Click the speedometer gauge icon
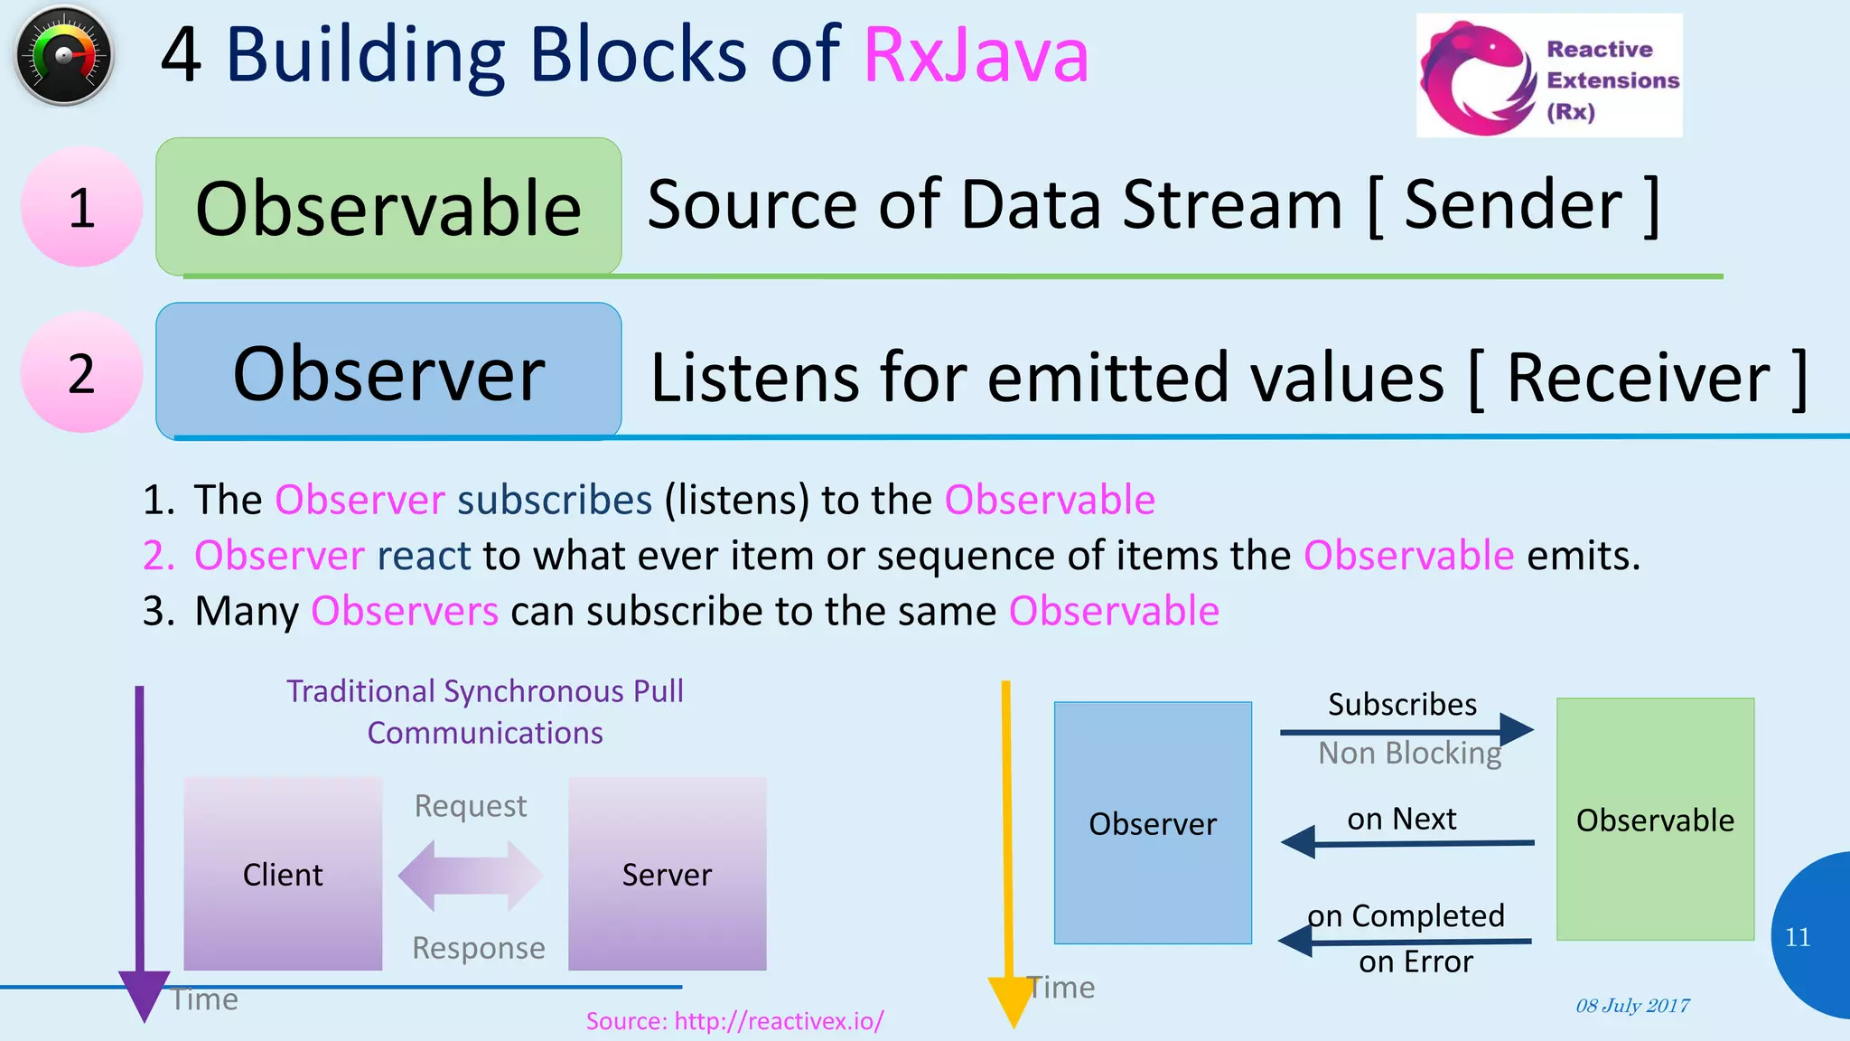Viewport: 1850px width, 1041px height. [x=63, y=56]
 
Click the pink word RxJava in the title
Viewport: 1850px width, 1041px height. [x=976, y=56]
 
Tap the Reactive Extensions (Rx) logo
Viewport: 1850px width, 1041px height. [x=1548, y=76]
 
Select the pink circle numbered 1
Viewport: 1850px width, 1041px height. [x=81, y=207]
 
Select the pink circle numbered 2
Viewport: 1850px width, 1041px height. [x=81, y=372]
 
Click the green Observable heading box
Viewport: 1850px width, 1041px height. [x=388, y=207]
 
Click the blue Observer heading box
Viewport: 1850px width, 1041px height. [x=388, y=371]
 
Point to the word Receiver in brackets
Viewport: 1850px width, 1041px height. [x=1638, y=378]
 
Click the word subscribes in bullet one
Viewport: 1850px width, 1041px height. [x=554, y=500]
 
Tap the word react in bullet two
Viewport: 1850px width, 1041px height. [x=423, y=555]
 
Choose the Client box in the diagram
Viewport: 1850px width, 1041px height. [x=283, y=873]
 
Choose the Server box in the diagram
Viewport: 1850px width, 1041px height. [x=667, y=873]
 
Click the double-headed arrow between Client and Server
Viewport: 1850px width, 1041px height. [x=471, y=875]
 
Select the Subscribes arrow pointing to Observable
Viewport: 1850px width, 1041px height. [x=1406, y=730]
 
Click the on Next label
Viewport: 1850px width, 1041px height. [x=1401, y=819]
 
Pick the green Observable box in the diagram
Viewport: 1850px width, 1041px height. [x=1654, y=819]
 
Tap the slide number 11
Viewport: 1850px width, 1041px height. [x=1798, y=937]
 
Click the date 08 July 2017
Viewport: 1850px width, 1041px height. [x=1632, y=1006]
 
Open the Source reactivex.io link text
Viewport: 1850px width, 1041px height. [x=734, y=1021]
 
